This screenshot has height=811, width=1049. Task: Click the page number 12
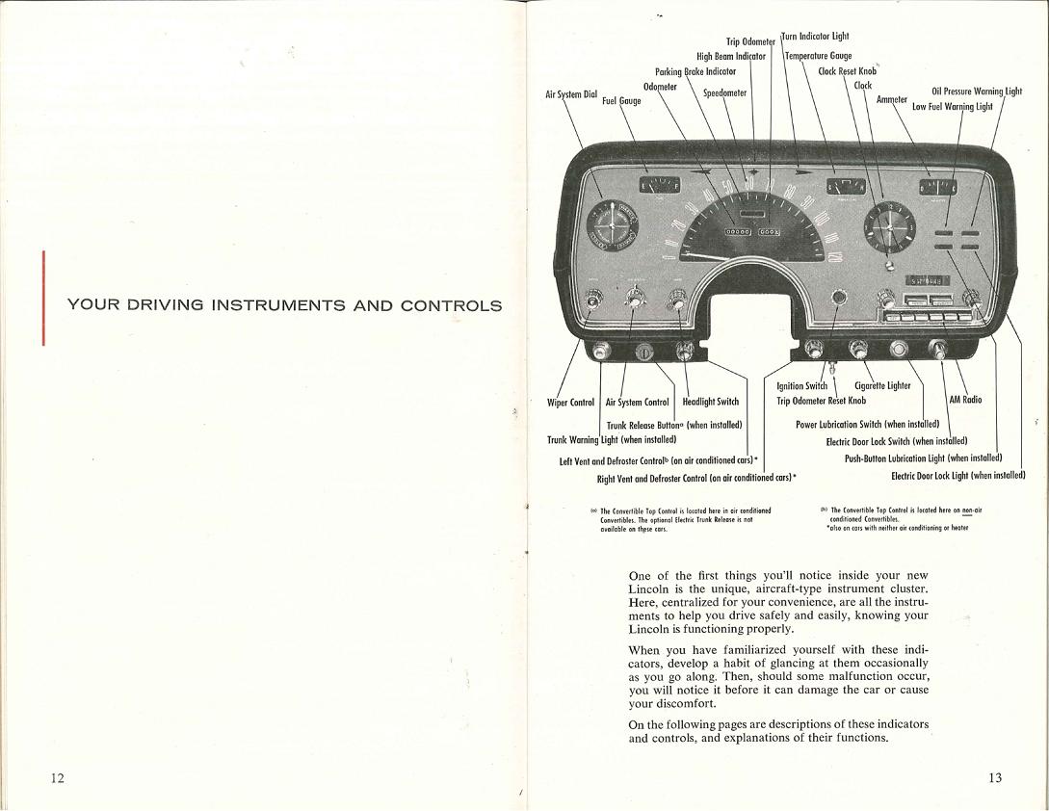(x=58, y=778)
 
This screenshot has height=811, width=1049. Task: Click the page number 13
(x=995, y=778)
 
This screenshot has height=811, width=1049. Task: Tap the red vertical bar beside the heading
(x=43, y=298)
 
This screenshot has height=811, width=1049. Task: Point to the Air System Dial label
(x=571, y=94)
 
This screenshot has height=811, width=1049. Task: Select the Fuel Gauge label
(x=621, y=100)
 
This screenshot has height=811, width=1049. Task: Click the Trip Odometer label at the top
(x=750, y=41)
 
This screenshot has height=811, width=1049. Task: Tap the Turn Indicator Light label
(x=816, y=37)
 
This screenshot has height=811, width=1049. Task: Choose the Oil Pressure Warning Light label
(x=976, y=92)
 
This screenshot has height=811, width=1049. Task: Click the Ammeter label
(x=892, y=99)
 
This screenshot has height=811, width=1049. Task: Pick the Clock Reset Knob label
(x=847, y=71)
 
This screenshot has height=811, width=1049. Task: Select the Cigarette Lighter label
(x=882, y=386)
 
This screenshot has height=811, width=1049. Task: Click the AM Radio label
(x=965, y=400)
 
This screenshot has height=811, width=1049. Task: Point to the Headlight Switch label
(x=710, y=402)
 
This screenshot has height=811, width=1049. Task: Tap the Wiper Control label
(x=570, y=402)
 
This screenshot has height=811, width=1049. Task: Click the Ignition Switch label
(x=801, y=386)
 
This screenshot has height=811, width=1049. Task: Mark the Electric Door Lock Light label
(x=957, y=474)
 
